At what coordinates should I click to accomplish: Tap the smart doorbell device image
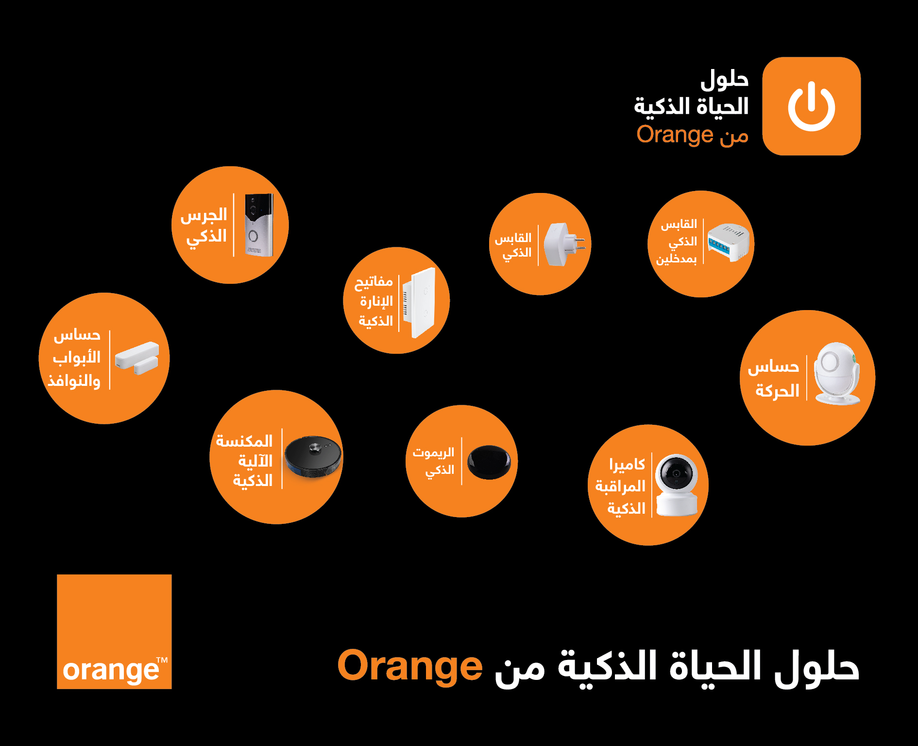pyautogui.click(x=259, y=225)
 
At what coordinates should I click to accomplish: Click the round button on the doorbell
pyautogui.click(x=253, y=236)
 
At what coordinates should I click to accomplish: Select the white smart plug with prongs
pyautogui.click(x=564, y=244)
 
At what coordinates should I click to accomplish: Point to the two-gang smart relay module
pyautogui.click(x=729, y=243)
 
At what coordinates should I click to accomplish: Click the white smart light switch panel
pyautogui.click(x=419, y=302)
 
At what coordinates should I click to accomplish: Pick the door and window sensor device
pyautogui.click(x=137, y=358)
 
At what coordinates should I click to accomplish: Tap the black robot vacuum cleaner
pyautogui.click(x=313, y=456)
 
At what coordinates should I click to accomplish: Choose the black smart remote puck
pyautogui.click(x=489, y=462)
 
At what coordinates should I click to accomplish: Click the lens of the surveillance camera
pyautogui.click(x=676, y=473)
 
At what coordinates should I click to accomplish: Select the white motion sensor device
pyautogui.click(x=837, y=373)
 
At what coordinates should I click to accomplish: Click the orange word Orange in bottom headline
pyautogui.click(x=410, y=666)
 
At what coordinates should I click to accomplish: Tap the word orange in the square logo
pyautogui.click(x=111, y=671)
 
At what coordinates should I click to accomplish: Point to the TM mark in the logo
pyautogui.click(x=162, y=660)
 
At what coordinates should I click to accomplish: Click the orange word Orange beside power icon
pyautogui.click(x=675, y=135)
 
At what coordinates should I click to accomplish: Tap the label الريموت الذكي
pyautogui.click(x=434, y=462)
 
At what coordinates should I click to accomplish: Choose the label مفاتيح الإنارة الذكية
pyautogui.click(x=374, y=301)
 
